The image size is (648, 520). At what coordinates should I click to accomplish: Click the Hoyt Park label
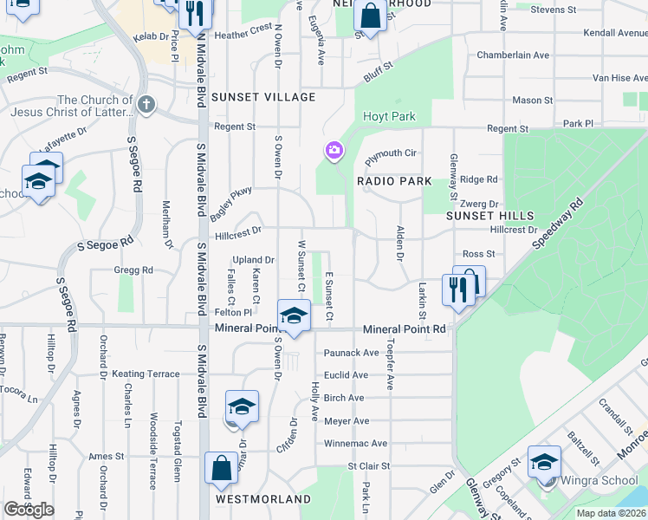pos(390,117)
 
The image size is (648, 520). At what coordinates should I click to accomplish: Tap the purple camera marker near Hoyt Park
pos(334,152)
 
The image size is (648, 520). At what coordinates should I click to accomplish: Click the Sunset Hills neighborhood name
pos(481,215)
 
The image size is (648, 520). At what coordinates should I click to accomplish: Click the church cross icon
pos(146,106)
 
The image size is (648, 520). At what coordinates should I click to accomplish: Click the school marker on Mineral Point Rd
pos(294,315)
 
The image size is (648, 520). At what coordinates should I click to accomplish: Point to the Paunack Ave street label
pos(352,353)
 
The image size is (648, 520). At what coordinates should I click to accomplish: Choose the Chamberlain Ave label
pos(513,55)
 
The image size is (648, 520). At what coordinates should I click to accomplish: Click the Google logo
pos(29,510)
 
